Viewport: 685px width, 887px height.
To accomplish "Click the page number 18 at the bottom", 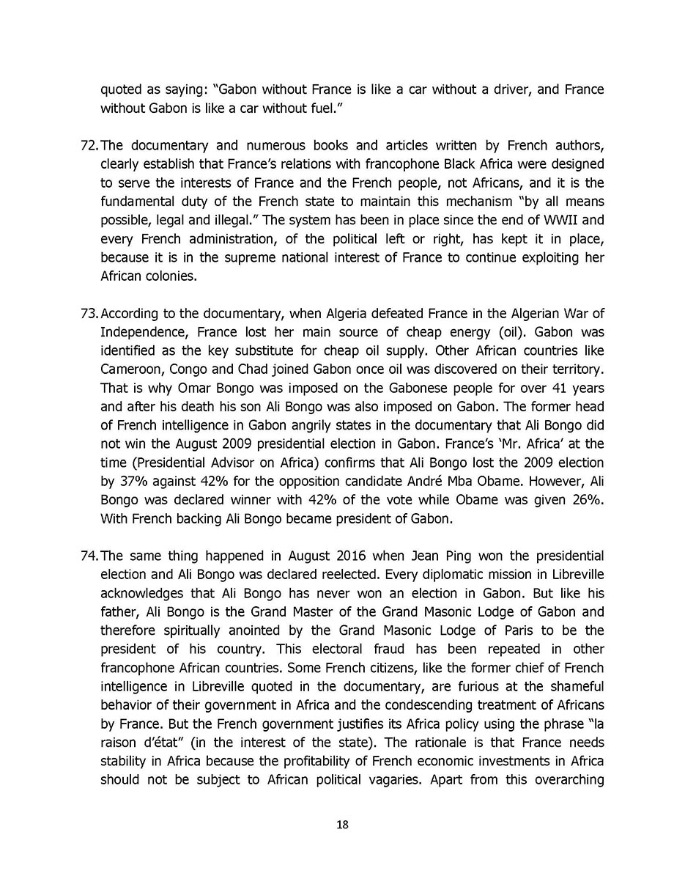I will pyautogui.click(x=342, y=825).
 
